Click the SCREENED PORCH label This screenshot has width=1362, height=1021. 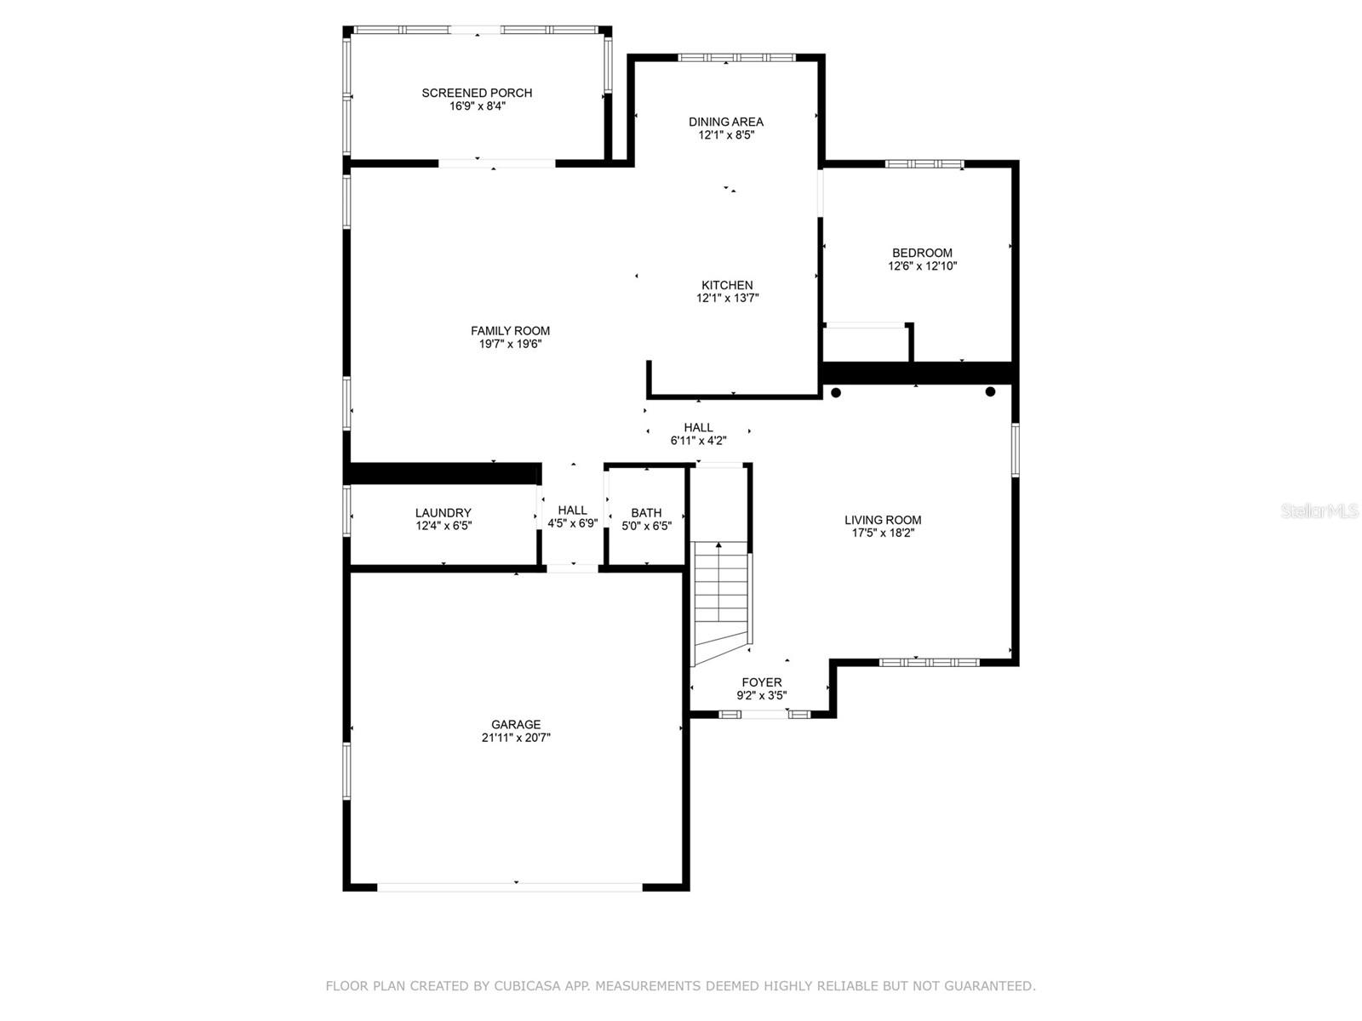[477, 93]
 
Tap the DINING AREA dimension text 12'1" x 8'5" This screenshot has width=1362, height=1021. [726, 135]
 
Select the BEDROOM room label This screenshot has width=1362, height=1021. [922, 253]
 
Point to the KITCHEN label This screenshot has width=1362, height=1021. [727, 285]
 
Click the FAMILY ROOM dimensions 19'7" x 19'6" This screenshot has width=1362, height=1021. [510, 344]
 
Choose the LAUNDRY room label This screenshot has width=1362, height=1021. [443, 513]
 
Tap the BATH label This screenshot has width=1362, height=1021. [646, 513]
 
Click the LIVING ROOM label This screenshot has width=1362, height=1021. [883, 520]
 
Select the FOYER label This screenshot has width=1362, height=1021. [761, 682]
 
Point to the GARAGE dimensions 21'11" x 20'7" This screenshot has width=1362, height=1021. [516, 738]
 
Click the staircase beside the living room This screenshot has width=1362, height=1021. [720, 603]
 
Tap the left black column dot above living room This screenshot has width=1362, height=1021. [836, 392]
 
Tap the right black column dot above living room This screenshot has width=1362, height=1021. [990, 391]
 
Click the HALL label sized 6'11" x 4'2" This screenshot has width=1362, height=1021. [698, 428]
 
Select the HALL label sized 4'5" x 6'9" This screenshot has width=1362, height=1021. [572, 510]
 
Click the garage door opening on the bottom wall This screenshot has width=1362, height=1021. [509, 887]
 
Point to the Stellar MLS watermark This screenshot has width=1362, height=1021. [1319, 511]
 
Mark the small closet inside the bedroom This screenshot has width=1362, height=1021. [867, 342]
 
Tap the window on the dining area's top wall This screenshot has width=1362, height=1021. [736, 58]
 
